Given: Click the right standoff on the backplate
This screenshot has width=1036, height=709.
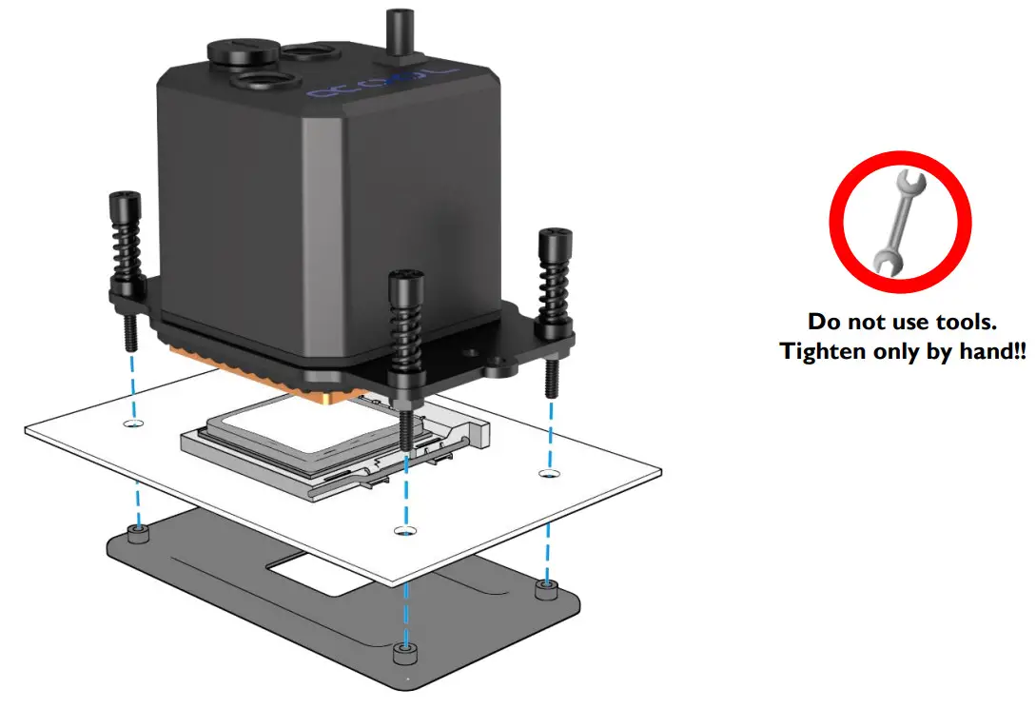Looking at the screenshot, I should point(546,589).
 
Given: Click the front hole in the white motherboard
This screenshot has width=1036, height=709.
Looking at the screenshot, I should point(404,529).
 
